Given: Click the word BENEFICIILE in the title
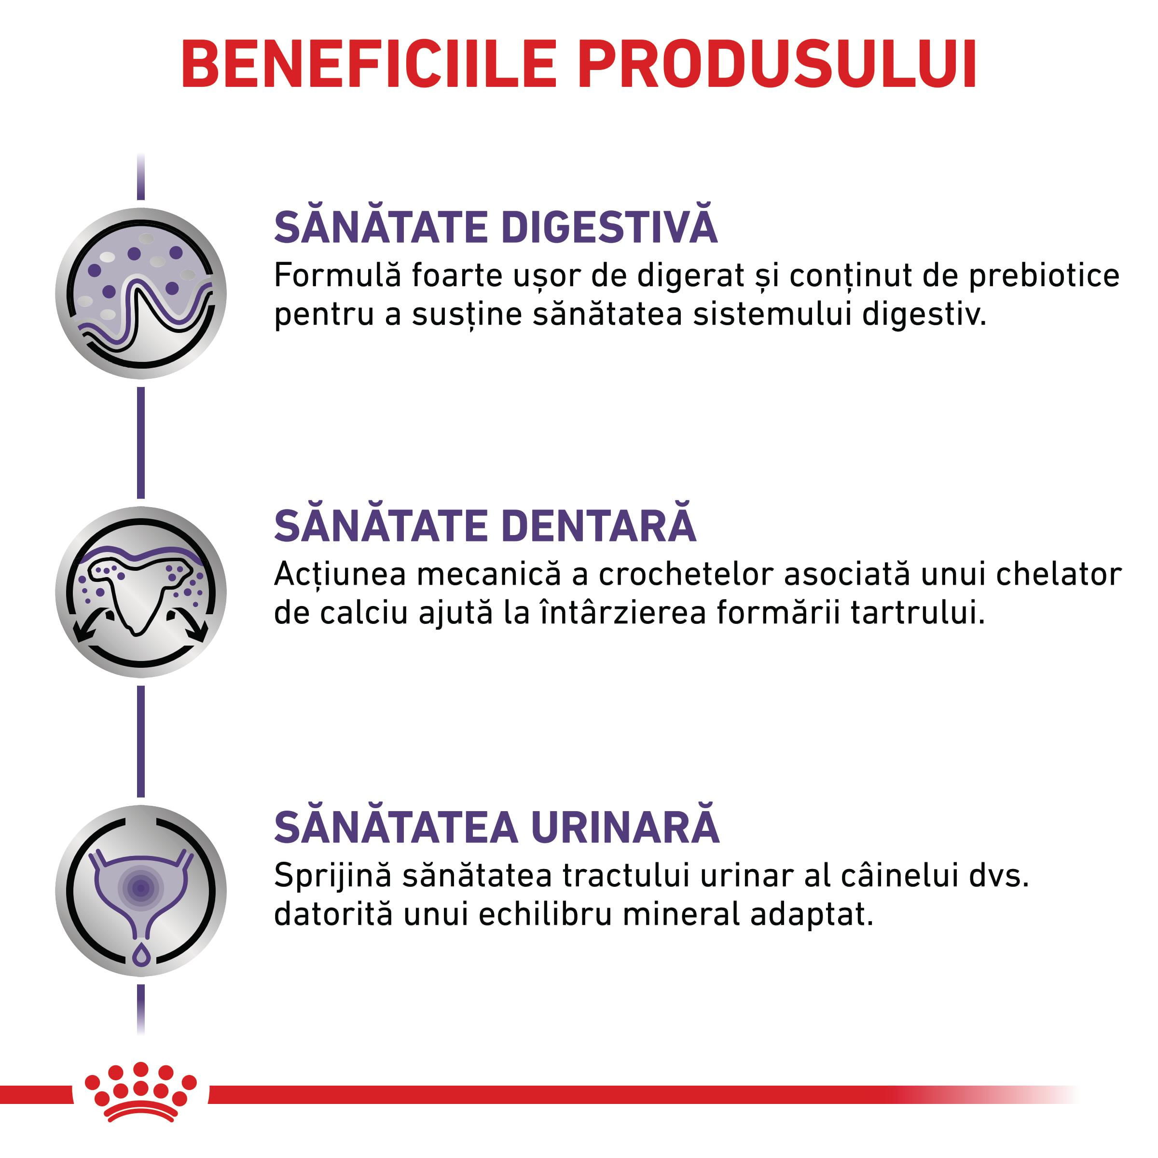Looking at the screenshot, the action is [x=370, y=64].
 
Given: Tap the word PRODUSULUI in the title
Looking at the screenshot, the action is [x=777, y=64].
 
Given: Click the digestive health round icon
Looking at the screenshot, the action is [x=141, y=294].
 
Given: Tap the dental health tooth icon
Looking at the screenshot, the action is [x=141, y=592].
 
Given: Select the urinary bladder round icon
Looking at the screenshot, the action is [x=141, y=891].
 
